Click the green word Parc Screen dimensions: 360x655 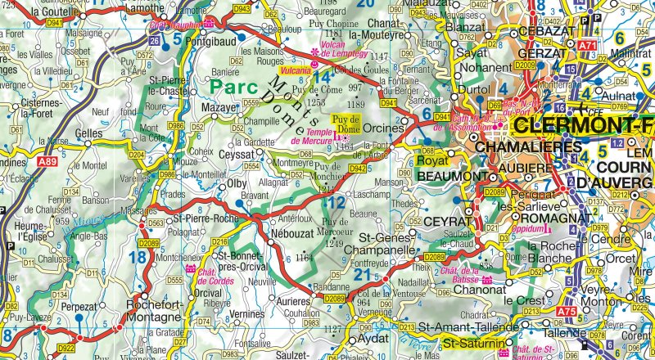[232, 86]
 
